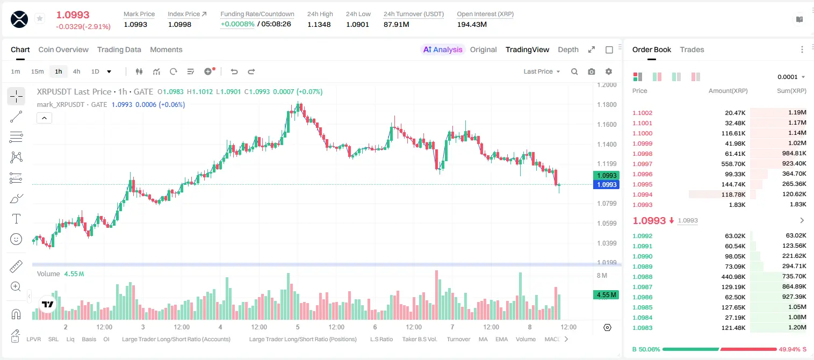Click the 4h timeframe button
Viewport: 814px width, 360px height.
(76, 71)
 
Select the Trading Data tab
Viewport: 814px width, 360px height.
(119, 49)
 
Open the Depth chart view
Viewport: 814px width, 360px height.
(568, 49)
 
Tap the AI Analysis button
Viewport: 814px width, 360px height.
(443, 49)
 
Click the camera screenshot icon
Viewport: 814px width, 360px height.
(591, 71)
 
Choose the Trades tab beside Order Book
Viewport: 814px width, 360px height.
(692, 49)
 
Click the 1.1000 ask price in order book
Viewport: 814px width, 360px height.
(643, 133)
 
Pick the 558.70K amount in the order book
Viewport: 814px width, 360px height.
(733, 164)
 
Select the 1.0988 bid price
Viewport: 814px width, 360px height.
(643, 277)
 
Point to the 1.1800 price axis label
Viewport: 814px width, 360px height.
(607, 105)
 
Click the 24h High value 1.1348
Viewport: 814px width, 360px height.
(319, 24)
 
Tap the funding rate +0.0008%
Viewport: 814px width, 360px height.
(237, 24)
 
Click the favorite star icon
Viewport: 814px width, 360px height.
(40, 18)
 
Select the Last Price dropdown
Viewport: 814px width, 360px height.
(542, 71)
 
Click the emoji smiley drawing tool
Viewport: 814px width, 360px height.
(16, 239)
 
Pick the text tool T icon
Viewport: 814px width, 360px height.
(16, 219)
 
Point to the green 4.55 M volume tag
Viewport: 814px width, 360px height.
(606, 294)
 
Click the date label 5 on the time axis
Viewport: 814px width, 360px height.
(298, 327)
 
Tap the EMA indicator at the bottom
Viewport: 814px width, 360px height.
(501, 339)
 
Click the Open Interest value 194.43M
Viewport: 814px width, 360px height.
(472, 24)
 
